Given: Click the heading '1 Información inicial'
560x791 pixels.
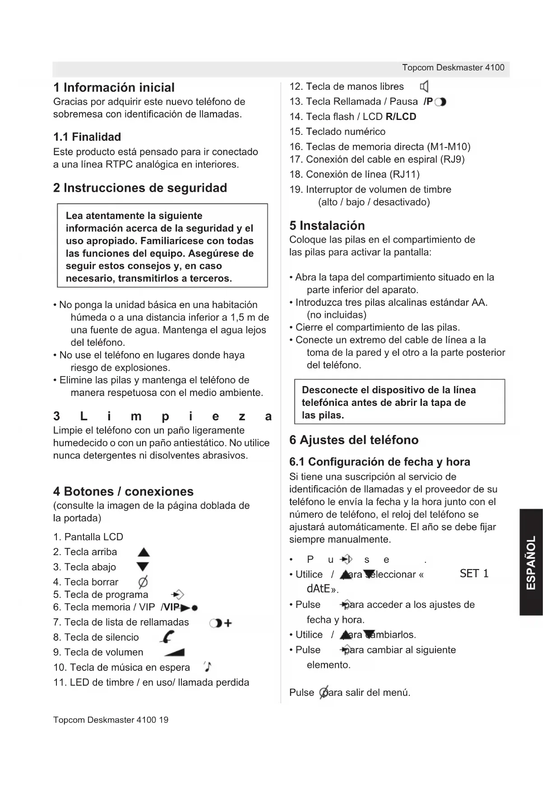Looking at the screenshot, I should pos(114,87).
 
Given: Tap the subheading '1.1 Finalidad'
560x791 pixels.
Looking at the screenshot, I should pos(87,137).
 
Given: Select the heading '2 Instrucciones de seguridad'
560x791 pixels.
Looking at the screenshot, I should pos(140,188).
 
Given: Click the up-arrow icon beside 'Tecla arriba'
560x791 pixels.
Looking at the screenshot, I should pos(143,552).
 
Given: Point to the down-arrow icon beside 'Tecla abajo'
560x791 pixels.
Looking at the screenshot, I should pos(143,567).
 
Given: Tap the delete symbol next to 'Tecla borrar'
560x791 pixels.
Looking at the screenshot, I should pos(143,582).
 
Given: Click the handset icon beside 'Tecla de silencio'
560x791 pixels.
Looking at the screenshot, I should pos(167,637).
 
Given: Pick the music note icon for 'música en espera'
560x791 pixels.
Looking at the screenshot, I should pos(208,667).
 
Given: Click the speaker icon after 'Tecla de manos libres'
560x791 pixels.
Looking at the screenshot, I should pos(424,87).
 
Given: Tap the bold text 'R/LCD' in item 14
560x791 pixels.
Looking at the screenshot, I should pos(401,117).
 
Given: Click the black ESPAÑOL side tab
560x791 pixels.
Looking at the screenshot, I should pos(531,562).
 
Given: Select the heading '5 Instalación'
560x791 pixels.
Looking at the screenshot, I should pos(327,225).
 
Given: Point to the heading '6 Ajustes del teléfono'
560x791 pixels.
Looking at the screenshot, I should pos(354,440).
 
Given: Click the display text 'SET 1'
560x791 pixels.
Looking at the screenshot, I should pos(474,574).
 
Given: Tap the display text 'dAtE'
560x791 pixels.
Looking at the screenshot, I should pos(319,589).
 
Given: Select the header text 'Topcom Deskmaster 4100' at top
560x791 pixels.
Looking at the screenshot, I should pos(453,68).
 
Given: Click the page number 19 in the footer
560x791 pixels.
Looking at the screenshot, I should pos(163,720).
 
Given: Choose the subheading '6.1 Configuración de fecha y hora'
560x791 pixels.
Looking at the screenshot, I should pos(380,462).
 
